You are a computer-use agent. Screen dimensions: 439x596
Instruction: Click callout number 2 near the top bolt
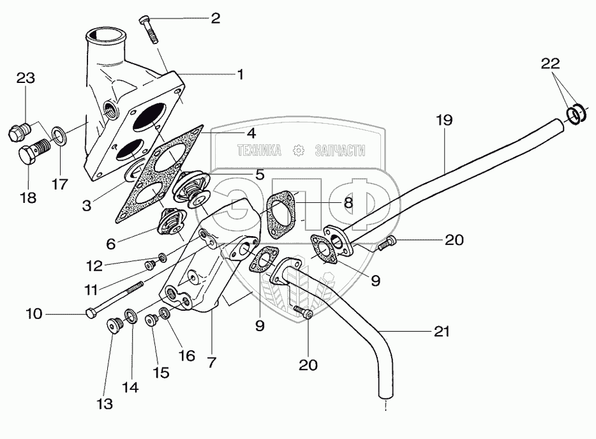point(215,19)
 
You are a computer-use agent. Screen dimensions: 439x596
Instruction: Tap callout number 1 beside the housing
point(240,75)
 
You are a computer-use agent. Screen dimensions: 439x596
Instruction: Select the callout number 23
point(25,78)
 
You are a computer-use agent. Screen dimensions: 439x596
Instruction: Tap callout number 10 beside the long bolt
point(34,314)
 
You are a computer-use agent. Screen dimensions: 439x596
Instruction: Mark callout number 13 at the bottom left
point(104,403)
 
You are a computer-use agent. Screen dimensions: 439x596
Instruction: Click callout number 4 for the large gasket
point(251,133)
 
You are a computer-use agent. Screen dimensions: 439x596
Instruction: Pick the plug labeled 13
point(115,327)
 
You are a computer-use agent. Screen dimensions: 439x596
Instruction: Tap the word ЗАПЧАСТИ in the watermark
point(339,151)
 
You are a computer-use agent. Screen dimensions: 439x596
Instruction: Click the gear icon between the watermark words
point(297,151)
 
